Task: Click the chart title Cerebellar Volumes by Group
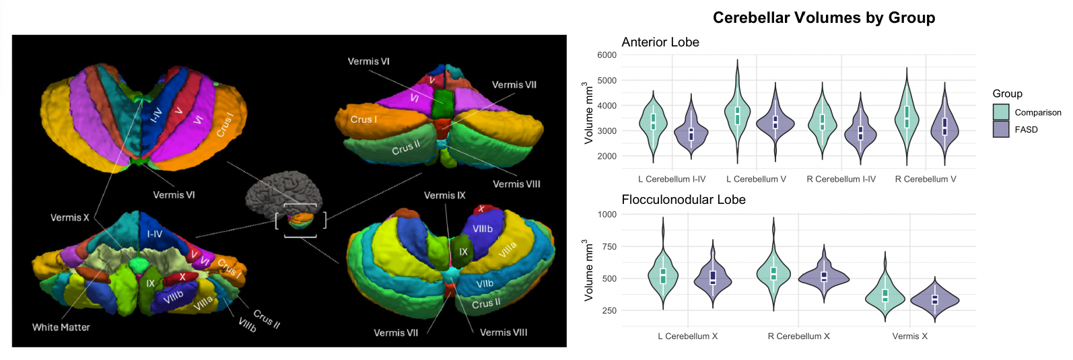click(x=823, y=17)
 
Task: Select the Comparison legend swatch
click(x=1001, y=112)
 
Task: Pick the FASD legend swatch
click(x=1001, y=129)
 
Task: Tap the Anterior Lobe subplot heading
click(x=660, y=42)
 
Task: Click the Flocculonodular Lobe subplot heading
click(x=683, y=200)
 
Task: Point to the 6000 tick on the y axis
click(x=607, y=55)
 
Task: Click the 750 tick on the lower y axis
click(x=609, y=247)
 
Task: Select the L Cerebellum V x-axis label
click(x=756, y=179)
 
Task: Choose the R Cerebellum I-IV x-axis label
click(x=841, y=179)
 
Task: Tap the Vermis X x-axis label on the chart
click(x=909, y=336)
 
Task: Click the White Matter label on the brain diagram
click(x=61, y=328)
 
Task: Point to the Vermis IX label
click(x=444, y=196)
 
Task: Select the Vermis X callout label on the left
click(x=69, y=218)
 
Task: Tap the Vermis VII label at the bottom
click(x=396, y=333)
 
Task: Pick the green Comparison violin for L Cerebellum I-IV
click(x=652, y=122)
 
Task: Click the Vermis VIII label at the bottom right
click(x=503, y=332)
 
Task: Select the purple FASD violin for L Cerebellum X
click(x=713, y=277)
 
